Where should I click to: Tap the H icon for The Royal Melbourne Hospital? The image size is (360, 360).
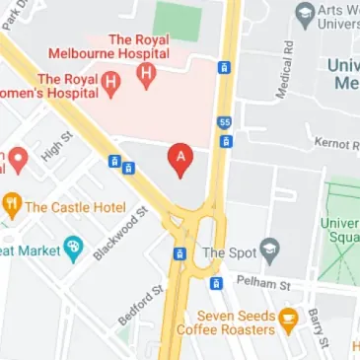(x=147, y=73)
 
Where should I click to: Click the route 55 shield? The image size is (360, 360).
(x=225, y=121)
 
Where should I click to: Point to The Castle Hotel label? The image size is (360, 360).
(x=75, y=207)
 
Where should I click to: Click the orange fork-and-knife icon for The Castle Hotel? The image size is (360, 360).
(x=13, y=207)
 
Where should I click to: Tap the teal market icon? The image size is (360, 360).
(x=72, y=247)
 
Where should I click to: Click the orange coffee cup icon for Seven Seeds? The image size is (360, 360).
(x=287, y=318)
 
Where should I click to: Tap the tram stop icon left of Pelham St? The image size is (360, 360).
(x=215, y=284)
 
